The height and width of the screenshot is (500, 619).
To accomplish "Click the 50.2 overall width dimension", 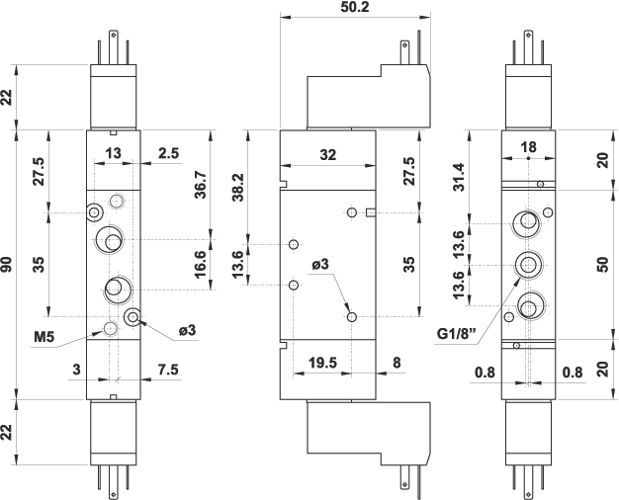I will tap(355, 7).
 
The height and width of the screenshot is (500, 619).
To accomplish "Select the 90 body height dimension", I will tap(8, 265).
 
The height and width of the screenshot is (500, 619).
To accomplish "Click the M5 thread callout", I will tap(44, 338).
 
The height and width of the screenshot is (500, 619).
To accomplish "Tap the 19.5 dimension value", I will tap(323, 363).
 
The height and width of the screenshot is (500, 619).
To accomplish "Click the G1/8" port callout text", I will tap(458, 333).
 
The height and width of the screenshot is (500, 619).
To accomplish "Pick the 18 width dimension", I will tap(528, 147).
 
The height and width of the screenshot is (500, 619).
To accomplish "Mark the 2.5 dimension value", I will tap(168, 153).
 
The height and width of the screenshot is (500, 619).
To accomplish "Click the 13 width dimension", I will tap(114, 153).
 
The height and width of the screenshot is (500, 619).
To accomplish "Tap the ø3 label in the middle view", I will tap(320, 265).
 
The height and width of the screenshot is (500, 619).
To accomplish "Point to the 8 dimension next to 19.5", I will tap(397, 363).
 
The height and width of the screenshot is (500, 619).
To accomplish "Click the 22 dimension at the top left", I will tap(8, 97).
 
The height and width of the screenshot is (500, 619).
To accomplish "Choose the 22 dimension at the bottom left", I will tap(8, 432).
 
